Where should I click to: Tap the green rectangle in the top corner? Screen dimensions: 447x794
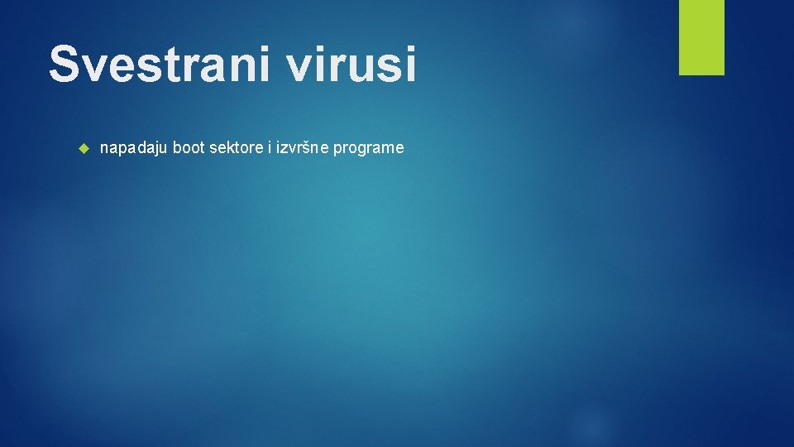701,37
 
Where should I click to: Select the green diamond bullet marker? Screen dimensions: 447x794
82,149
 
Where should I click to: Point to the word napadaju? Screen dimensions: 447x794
134,148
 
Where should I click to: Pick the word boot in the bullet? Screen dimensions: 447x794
189,148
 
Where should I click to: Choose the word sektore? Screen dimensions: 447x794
236,148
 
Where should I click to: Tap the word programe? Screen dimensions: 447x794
369,148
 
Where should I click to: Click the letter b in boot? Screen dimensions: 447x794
177,148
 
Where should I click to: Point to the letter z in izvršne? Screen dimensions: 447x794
284,149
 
